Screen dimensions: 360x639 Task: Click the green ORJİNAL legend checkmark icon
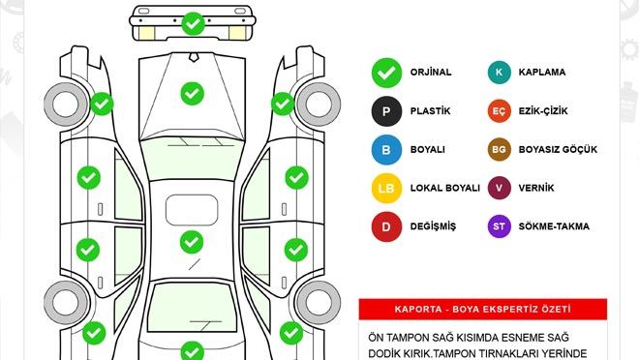pos(386,73)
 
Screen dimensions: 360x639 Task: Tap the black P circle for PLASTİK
pos(386,111)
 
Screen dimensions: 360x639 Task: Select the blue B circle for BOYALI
pos(386,150)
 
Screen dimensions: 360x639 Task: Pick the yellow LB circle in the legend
pos(386,188)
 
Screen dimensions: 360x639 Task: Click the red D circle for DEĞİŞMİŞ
pos(386,226)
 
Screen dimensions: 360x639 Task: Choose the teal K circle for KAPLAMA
pos(500,73)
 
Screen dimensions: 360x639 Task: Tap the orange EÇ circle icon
pos(500,111)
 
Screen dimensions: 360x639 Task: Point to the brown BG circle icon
pos(500,150)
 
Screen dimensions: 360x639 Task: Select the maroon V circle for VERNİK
pos(500,188)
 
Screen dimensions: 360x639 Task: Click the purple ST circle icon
pos(500,226)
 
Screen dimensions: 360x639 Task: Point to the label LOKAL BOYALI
pos(444,189)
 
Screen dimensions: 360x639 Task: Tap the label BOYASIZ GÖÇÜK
pos(558,150)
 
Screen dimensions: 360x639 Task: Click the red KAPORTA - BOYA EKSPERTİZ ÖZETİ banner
pos(482,309)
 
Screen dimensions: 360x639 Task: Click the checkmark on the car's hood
pos(192,93)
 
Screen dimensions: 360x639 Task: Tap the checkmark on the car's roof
pos(191,241)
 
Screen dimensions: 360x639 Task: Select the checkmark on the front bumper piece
pos(193,21)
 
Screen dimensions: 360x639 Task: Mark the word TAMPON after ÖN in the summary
pos(411,336)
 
